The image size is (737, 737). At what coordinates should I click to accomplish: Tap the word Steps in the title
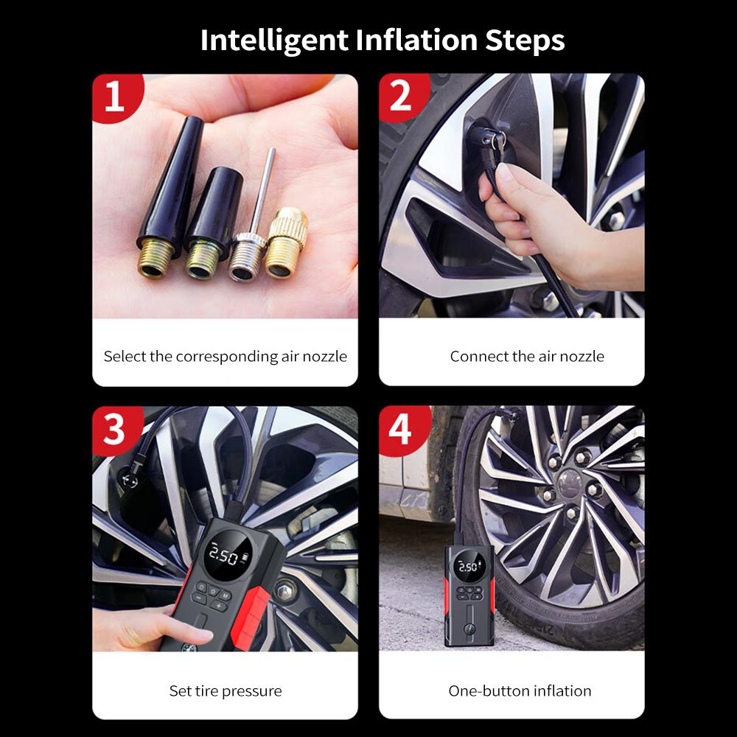pos(525,41)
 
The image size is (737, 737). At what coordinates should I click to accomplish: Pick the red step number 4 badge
pos(403,430)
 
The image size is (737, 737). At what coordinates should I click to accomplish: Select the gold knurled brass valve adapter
pos(286,243)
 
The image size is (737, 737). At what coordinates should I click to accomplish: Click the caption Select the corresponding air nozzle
pos(225,356)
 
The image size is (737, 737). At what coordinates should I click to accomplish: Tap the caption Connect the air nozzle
pos(527,356)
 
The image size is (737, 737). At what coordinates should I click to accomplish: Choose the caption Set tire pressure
pos(225,691)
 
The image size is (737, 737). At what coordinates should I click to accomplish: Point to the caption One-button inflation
pos(520,691)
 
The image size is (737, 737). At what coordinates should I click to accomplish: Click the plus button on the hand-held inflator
pos(219,606)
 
